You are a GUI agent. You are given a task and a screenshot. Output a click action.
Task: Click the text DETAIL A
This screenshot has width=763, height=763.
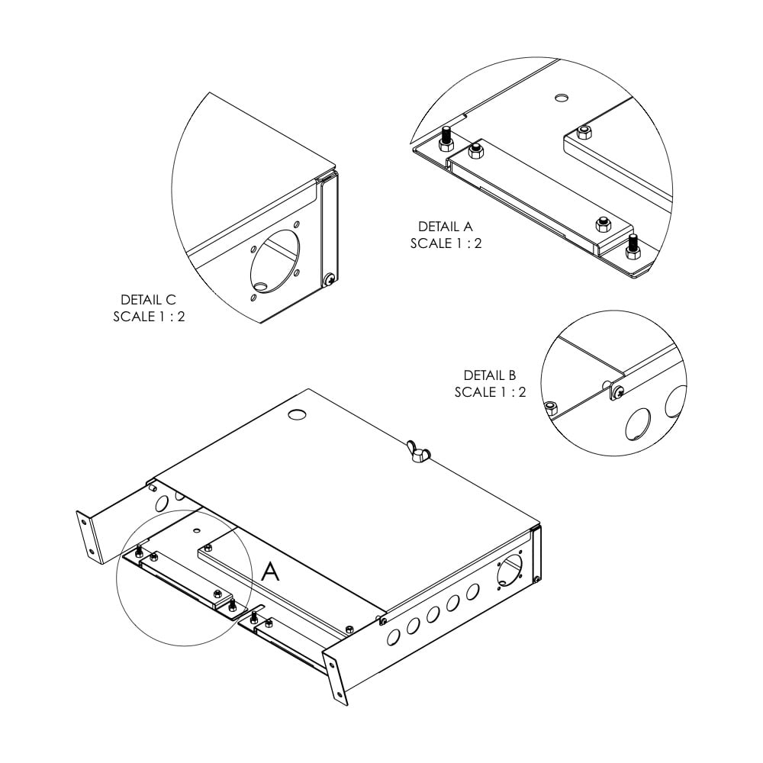coord(446,227)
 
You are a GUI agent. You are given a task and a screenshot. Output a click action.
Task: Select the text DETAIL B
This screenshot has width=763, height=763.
coord(490,375)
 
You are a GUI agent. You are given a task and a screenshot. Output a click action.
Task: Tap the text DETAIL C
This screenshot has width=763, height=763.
coord(148,299)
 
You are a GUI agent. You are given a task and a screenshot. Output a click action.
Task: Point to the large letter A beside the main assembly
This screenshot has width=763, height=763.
coord(271,571)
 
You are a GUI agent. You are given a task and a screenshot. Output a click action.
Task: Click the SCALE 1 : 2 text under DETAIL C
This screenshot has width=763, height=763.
coord(149,317)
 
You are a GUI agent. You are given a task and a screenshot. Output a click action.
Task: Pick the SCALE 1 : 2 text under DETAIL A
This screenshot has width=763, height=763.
coord(446,243)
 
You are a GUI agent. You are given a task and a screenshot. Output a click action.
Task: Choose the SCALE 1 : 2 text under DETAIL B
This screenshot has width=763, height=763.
coord(490,392)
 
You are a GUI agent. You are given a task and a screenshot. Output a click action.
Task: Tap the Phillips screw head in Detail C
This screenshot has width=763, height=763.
coord(330,279)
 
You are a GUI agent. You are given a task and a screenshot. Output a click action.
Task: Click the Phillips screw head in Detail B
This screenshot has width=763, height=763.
coord(618,391)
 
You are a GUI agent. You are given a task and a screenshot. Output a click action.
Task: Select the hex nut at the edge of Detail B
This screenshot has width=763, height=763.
coord(551,407)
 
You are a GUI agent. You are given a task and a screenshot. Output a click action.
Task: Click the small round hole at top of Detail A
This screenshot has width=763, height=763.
coord(562,97)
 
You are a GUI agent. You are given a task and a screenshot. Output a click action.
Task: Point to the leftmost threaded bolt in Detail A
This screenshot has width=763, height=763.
coord(446,139)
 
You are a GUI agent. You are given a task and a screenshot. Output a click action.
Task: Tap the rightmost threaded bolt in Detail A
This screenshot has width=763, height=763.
coord(632,246)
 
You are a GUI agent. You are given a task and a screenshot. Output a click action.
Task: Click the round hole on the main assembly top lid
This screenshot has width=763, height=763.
coord(297,414)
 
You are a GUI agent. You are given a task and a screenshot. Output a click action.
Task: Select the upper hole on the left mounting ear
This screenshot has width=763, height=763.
coord(84,523)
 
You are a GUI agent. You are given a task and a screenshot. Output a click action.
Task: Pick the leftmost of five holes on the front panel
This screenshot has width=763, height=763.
coord(394,636)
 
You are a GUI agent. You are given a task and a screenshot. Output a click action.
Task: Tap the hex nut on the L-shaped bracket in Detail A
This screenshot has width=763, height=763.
coord(584,132)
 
